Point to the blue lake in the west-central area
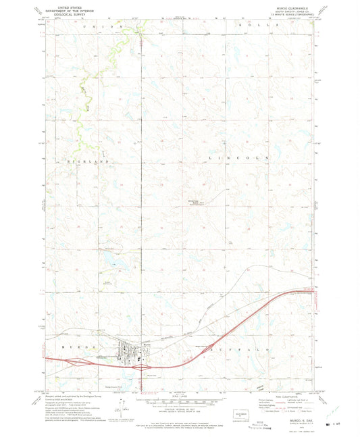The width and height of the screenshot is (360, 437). pyautogui.click(x=108, y=256)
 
